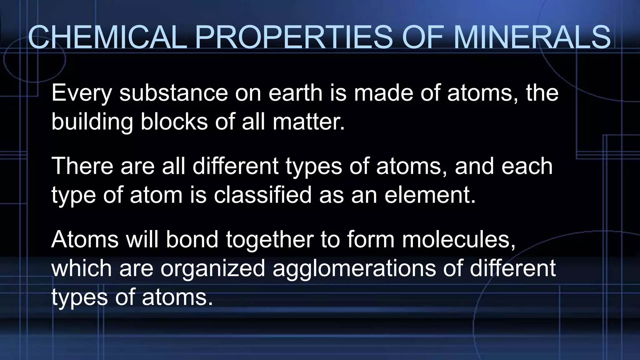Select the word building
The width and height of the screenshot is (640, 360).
coord(92,122)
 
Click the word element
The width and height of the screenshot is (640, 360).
coord(430,194)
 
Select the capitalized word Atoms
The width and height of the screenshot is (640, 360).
coord(85,239)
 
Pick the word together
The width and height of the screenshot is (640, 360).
coord(270,240)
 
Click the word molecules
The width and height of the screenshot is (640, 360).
coord(458,239)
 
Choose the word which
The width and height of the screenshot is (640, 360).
coord(82,268)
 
